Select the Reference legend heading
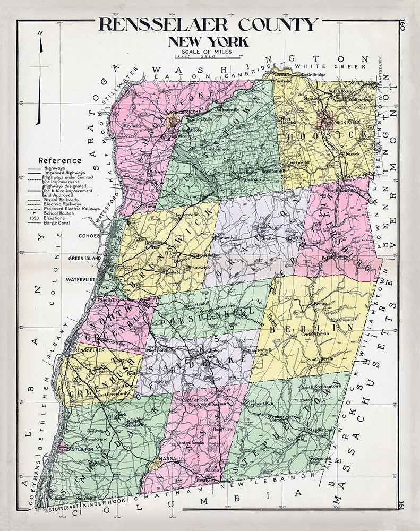[60, 160]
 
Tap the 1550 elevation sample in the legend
[35, 218]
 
